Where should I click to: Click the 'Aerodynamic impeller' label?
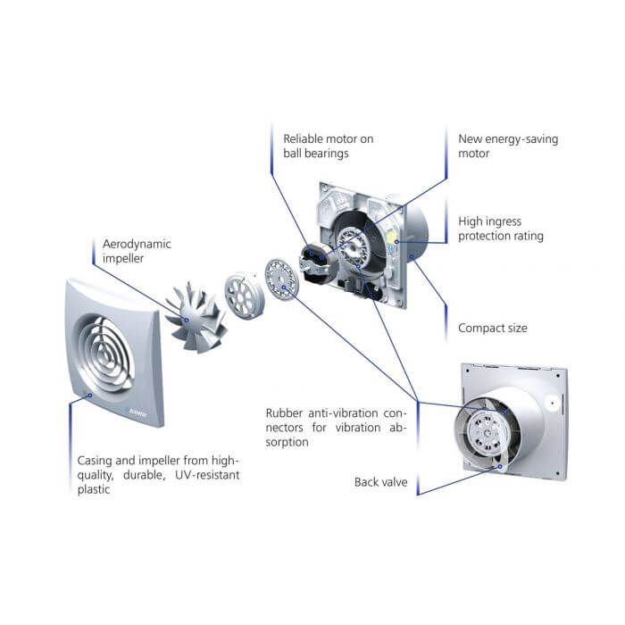(x=137, y=250)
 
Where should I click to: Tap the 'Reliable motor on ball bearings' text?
(x=328, y=146)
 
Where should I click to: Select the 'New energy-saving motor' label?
(x=507, y=146)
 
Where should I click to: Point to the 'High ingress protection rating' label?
(x=500, y=229)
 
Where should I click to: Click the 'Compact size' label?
(x=492, y=328)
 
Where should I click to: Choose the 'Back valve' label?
(x=380, y=482)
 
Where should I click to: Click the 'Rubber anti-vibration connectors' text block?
(x=335, y=428)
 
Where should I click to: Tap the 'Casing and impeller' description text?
(x=158, y=475)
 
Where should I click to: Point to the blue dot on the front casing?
(x=86, y=394)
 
